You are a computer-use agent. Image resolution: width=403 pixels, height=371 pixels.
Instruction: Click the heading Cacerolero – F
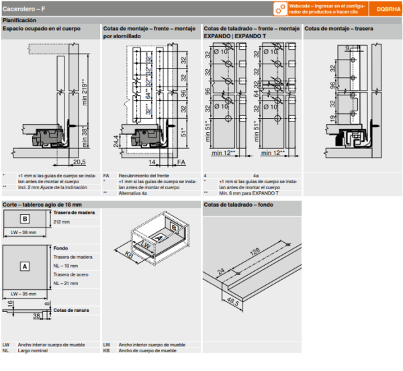pyautogui.click(x=25, y=9)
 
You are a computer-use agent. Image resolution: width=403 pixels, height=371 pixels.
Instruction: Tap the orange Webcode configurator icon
pyautogui.click(x=280, y=9)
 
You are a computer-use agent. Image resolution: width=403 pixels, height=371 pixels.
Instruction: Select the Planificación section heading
pyautogui.click(x=20, y=21)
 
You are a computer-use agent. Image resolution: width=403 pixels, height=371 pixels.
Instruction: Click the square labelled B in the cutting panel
pyautogui.click(x=24, y=219)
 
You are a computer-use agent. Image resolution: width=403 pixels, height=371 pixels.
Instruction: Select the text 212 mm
pyautogui.click(x=61, y=222)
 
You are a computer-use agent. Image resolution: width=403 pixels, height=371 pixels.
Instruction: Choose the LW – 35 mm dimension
pyautogui.click(x=25, y=293)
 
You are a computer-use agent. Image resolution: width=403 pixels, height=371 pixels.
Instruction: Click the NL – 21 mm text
pyautogui.click(x=66, y=284)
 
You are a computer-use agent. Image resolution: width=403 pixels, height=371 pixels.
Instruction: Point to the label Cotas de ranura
pyautogui.click(x=72, y=310)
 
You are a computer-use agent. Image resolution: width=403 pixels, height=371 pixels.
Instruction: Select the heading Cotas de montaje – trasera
pyautogui.click(x=339, y=30)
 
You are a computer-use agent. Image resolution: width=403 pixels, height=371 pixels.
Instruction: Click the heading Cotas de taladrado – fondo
pyautogui.click(x=238, y=204)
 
